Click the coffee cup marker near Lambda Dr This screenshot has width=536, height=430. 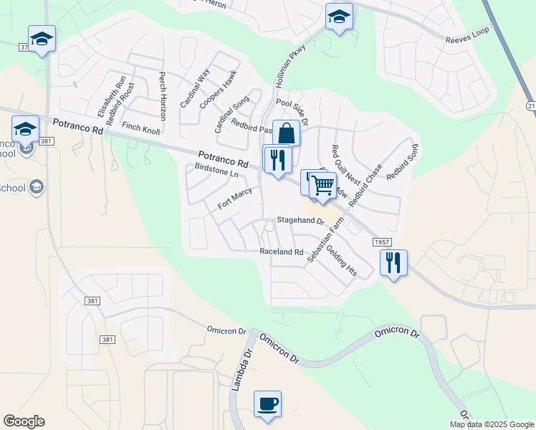pos(267,404)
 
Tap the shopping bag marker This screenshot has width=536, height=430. pos(286,133)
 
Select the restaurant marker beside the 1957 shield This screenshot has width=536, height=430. pos(393,263)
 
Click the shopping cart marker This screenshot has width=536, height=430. pos(323,185)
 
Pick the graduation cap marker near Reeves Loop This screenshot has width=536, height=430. pos(339,18)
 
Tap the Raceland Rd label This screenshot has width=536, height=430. pos(282,252)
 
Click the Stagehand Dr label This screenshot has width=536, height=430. pos(302,221)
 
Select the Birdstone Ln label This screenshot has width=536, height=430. pos(216,173)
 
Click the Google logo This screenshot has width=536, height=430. pos(24,421)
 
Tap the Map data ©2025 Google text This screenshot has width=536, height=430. pos(492,424)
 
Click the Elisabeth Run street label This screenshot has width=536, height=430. pos(112,97)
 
